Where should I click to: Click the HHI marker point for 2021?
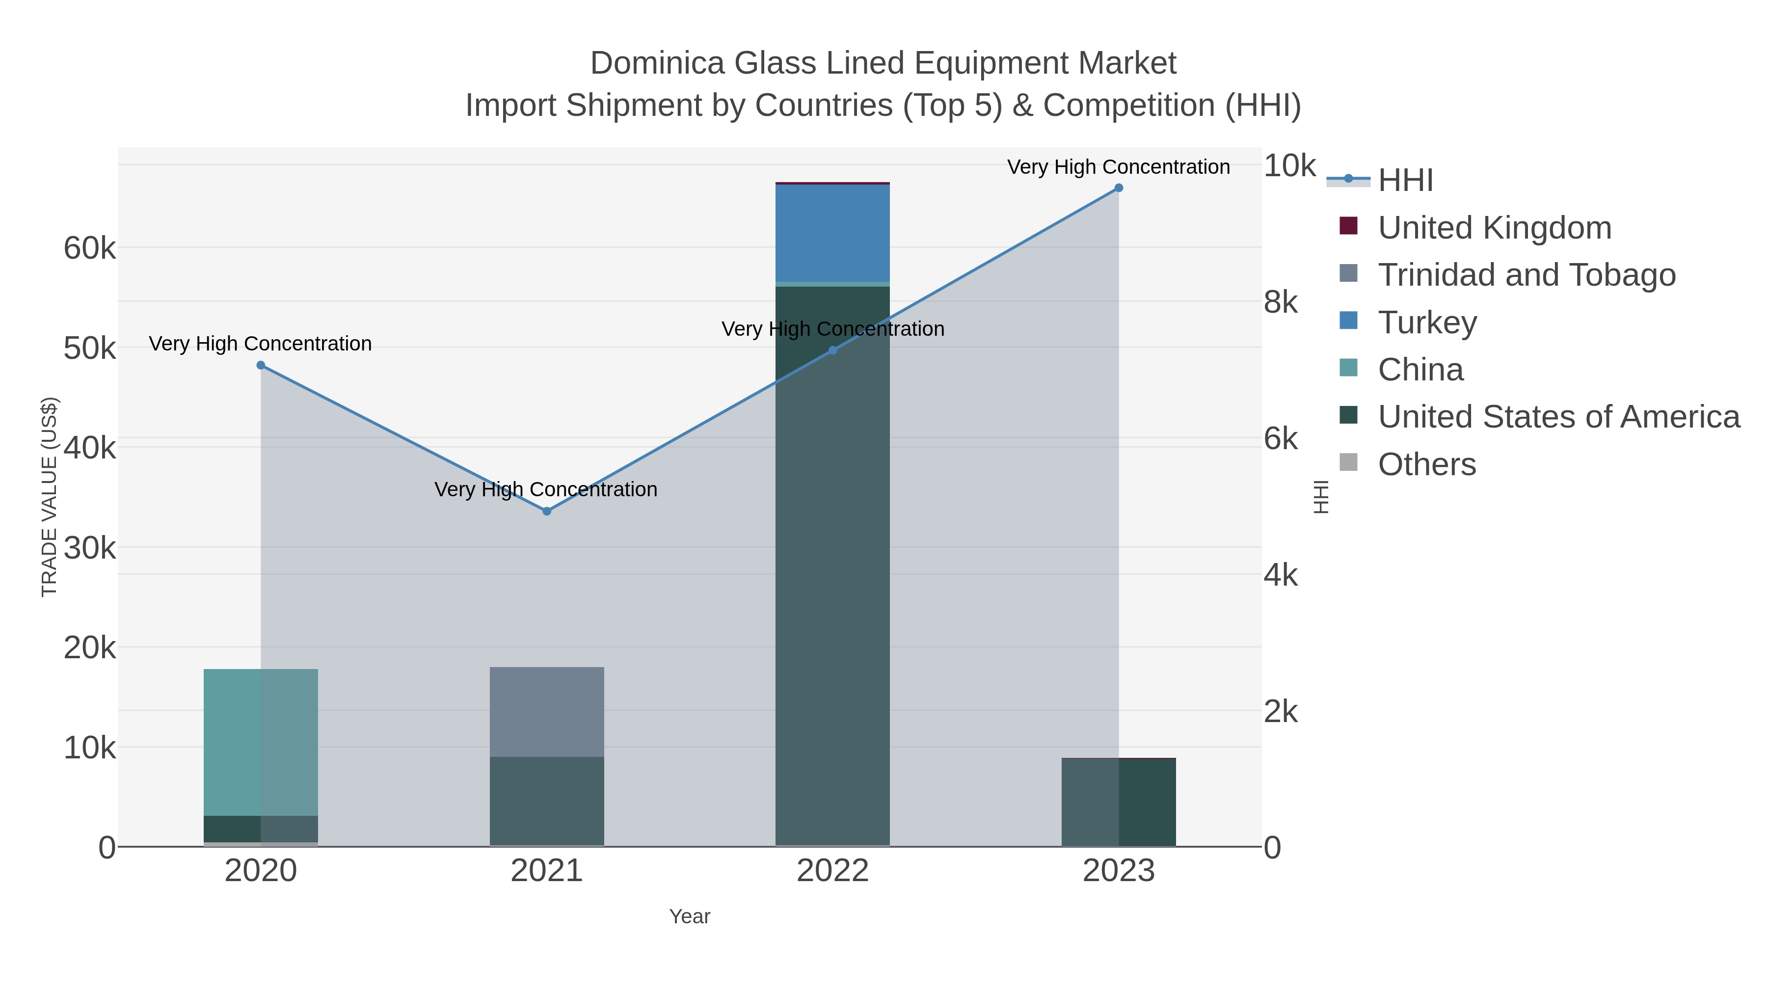click(547, 511)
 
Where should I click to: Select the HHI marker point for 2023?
click(1118, 188)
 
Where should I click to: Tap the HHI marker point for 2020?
click(261, 366)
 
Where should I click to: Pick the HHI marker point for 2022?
click(833, 350)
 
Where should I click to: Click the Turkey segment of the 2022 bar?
click(833, 233)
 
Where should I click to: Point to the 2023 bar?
click(1118, 803)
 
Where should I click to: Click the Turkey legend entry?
click(1427, 322)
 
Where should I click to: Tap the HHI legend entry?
click(1405, 181)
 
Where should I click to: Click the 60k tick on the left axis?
click(90, 248)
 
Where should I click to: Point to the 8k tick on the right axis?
click(1281, 302)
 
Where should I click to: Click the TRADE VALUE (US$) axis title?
click(50, 497)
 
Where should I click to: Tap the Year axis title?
click(690, 916)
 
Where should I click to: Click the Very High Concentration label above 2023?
click(1118, 167)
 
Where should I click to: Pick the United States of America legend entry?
click(1558, 417)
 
